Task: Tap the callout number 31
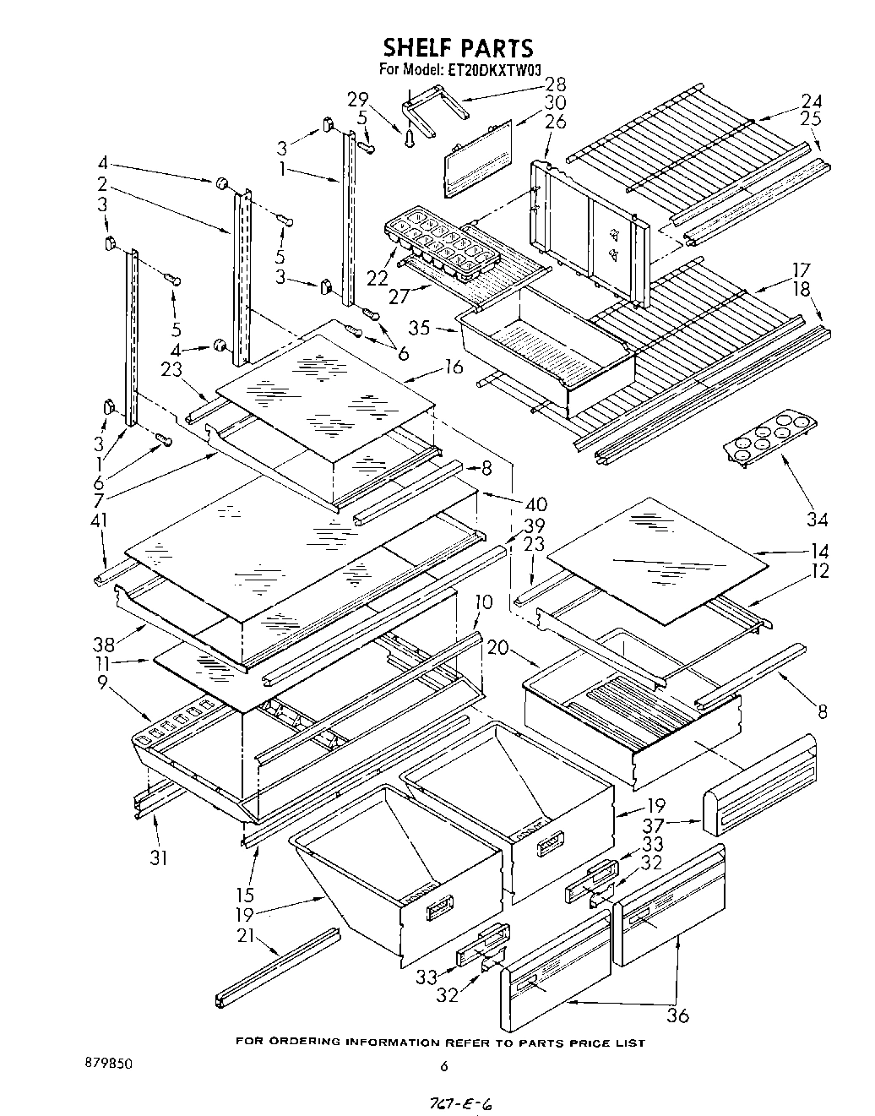(x=158, y=857)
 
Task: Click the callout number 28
(x=555, y=84)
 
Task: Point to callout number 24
(x=812, y=101)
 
